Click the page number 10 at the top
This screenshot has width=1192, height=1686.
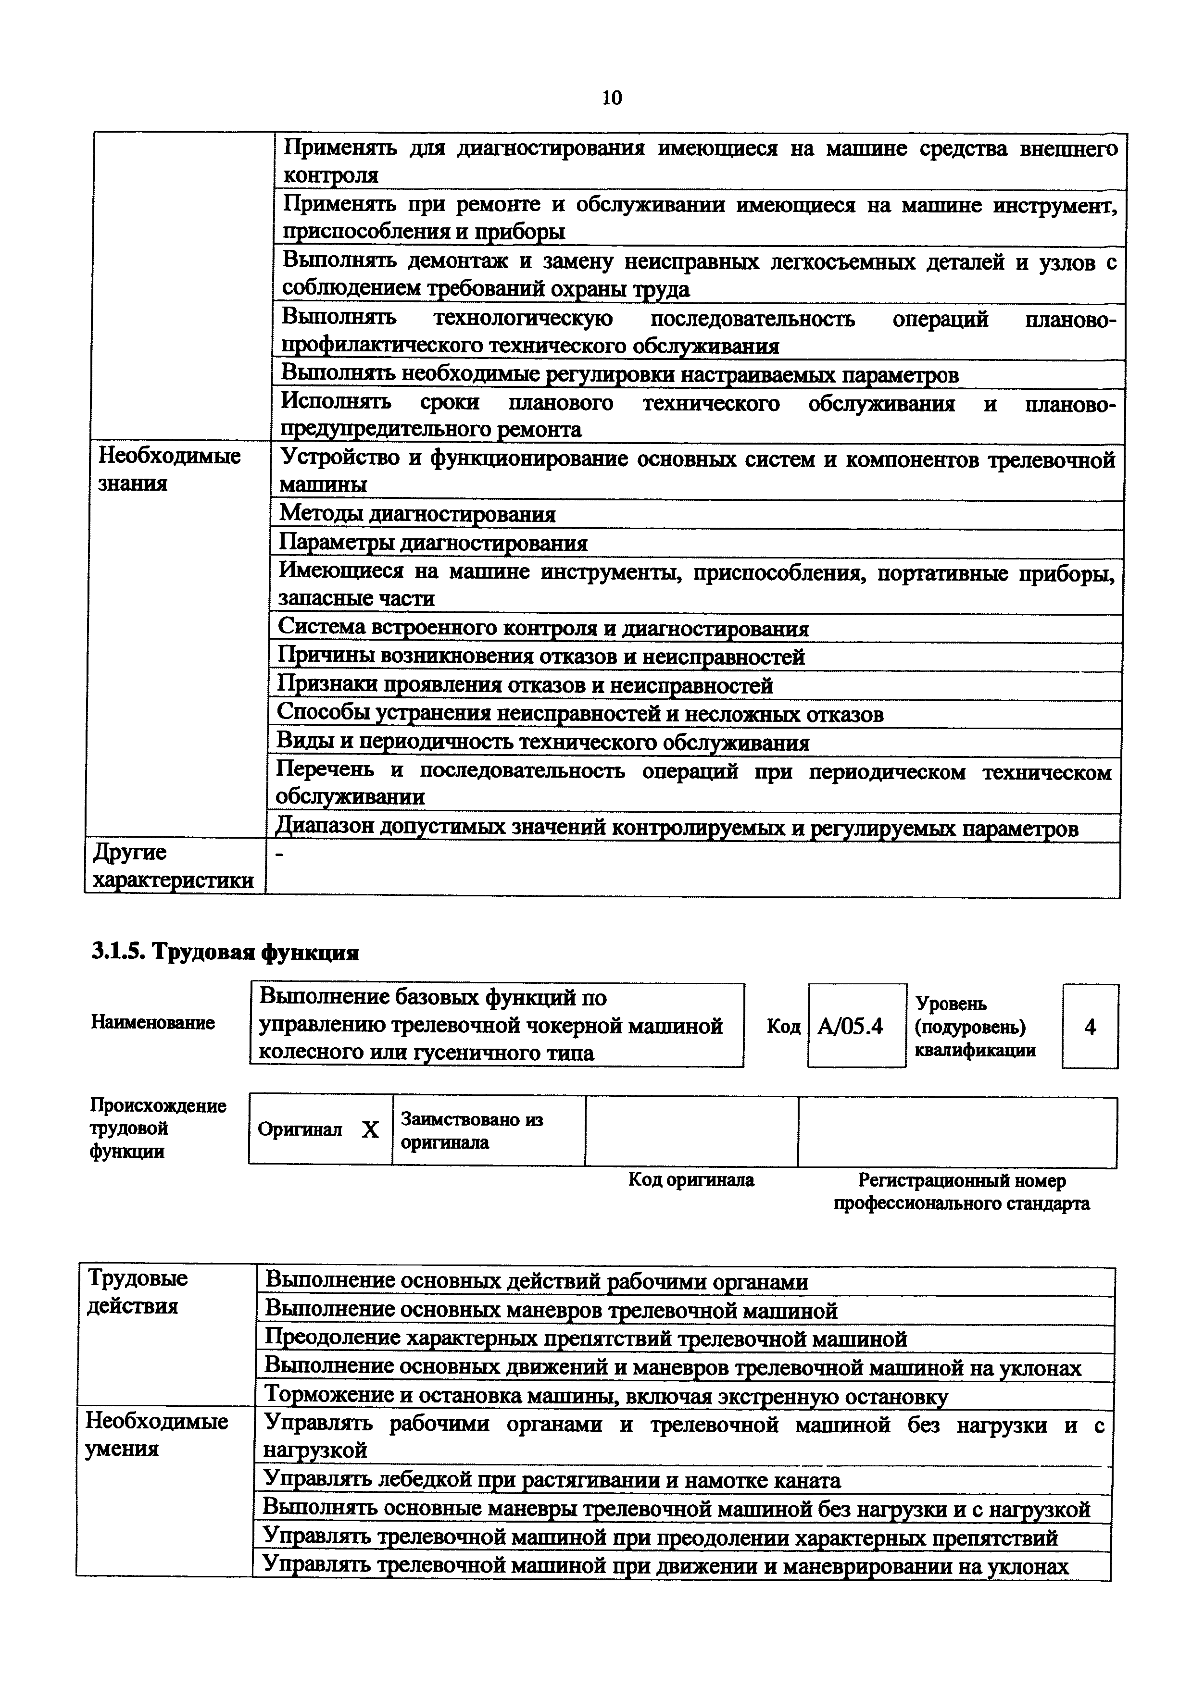[x=611, y=98]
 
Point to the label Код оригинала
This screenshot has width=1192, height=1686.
[x=691, y=1180]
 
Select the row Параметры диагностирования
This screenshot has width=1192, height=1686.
[x=433, y=544]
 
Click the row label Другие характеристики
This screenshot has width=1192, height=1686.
[x=173, y=867]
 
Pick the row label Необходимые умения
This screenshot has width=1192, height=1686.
[x=156, y=1435]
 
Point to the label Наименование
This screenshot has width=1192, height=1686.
[x=153, y=1023]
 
